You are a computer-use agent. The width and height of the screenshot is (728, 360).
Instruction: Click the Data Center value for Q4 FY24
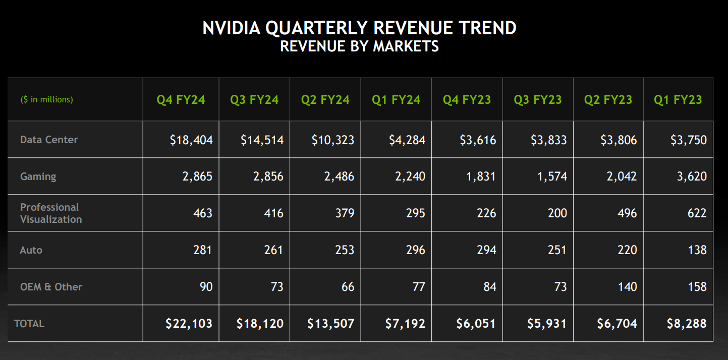pos(191,140)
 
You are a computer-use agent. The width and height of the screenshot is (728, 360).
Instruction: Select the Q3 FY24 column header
pos(254,100)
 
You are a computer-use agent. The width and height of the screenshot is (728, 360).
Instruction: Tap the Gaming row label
pos(38,176)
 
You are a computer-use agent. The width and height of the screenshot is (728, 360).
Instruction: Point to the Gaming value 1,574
pos(552,176)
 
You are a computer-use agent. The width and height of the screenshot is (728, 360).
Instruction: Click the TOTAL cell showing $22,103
pos(189,324)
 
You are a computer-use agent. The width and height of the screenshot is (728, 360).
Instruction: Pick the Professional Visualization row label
pos(51,213)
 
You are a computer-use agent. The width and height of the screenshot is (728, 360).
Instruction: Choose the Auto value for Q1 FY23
pos(697,250)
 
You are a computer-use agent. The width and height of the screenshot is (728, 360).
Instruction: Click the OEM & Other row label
pos(51,287)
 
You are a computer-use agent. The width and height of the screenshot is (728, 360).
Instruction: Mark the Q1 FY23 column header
pos(678,100)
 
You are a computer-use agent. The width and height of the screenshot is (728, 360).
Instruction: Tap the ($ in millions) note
pos(47,99)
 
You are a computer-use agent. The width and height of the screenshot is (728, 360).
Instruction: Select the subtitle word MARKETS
pos(406,46)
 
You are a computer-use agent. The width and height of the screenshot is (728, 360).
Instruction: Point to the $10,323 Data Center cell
pos(333,140)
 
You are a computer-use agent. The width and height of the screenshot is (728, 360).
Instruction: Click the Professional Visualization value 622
pos(697,213)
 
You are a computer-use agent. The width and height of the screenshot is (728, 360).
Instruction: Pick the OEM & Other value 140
pos(627,287)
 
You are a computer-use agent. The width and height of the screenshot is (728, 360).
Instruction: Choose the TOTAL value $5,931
pos(547,324)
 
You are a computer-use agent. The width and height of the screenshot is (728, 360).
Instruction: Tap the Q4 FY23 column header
pos(467,100)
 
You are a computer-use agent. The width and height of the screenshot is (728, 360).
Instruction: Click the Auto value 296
pos(415,250)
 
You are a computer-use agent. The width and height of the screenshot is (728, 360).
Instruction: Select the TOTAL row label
pos(29,324)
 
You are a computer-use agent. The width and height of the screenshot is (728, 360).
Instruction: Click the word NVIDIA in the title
pos(232,28)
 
